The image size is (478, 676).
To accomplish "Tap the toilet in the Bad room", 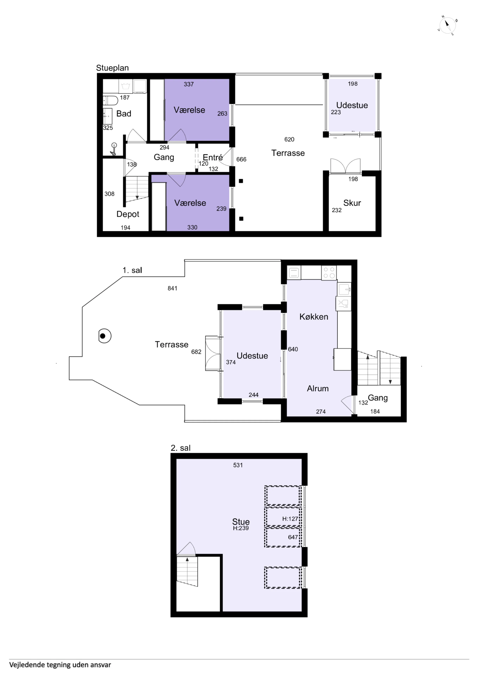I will pyautogui.click(x=110, y=100).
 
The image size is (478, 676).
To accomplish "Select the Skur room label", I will pyautogui.click(x=352, y=203).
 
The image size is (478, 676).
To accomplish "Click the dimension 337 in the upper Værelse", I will pyautogui.click(x=189, y=84).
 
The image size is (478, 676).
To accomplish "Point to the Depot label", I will pyautogui.click(x=127, y=214).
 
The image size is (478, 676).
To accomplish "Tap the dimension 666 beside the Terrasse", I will pyautogui.click(x=241, y=159).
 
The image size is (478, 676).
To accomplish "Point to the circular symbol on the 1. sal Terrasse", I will pyautogui.click(x=105, y=336).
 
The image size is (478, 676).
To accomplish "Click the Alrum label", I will pyautogui.click(x=317, y=388).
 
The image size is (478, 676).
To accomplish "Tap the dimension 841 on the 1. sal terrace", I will pyautogui.click(x=172, y=288).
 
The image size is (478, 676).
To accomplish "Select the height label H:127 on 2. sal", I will pyautogui.click(x=290, y=519).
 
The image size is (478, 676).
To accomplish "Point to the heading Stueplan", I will pyautogui.click(x=112, y=68).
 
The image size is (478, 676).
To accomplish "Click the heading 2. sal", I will pyautogui.click(x=180, y=448).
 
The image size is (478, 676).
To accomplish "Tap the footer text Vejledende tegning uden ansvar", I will pyautogui.click(x=60, y=665).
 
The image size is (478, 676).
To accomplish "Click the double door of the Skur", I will pyautogui.click(x=345, y=166).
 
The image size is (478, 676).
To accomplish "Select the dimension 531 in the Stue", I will pyautogui.click(x=238, y=465).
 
